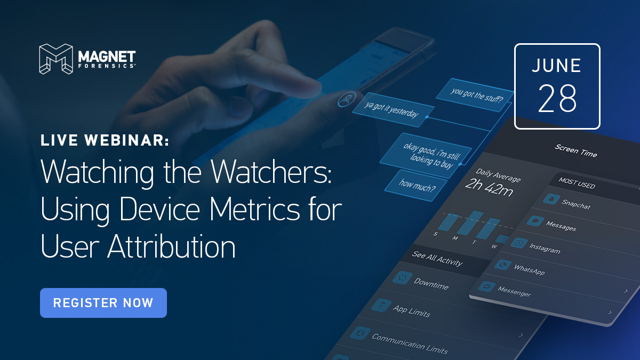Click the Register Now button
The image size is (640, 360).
[103, 303]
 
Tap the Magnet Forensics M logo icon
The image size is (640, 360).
[56, 59]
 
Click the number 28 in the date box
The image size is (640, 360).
[557, 98]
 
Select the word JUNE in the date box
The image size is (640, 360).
[556, 66]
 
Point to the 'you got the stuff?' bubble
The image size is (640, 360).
[475, 95]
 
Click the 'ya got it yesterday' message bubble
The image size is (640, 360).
[393, 110]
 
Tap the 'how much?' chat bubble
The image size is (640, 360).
[416, 186]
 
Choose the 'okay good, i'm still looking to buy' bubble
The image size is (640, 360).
[426, 156]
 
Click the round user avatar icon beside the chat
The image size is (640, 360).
[347, 99]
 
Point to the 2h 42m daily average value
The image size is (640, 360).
[489, 188]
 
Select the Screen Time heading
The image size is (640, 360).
[575, 150]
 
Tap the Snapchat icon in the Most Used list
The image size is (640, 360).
[551, 198]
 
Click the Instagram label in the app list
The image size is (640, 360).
[545, 249]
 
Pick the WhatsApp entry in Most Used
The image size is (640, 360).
[529, 269]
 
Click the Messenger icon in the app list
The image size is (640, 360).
[487, 286]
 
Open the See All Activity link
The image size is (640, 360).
[437, 259]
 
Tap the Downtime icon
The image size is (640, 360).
[402, 278]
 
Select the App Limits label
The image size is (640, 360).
[411, 311]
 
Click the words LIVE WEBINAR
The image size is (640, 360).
[105, 140]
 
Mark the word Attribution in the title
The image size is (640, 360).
[171, 246]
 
